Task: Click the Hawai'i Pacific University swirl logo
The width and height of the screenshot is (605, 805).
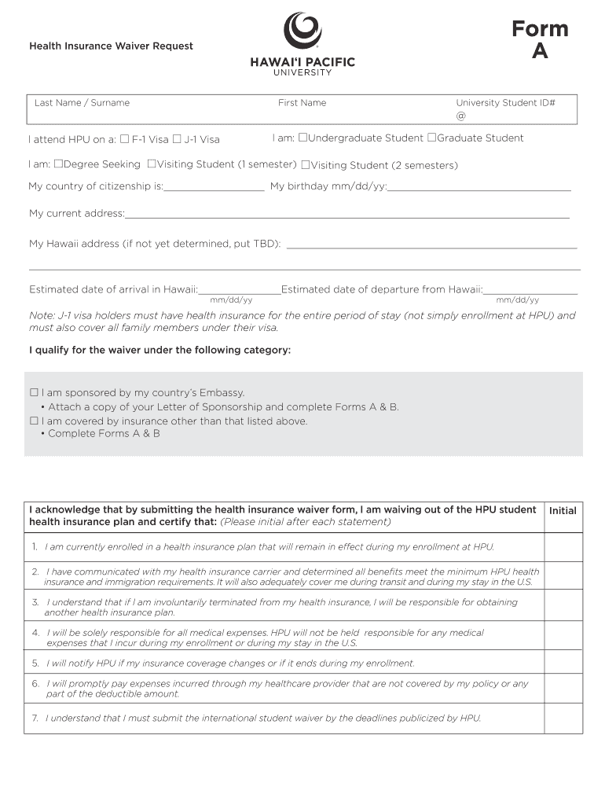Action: pyautogui.click(x=302, y=31)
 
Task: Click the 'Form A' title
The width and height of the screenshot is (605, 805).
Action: pyautogui.click(x=540, y=40)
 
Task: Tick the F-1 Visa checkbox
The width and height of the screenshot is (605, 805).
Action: pyautogui.click(x=124, y=139)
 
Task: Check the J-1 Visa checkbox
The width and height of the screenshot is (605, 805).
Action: pyautogui.click(x=177, y=139)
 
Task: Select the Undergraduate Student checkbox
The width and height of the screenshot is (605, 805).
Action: pyautogui.click(x=302, y=138)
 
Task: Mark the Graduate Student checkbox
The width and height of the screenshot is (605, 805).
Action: pyautogui.click(x=431, y=138)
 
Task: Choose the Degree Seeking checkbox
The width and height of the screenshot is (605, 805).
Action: pyautogui.click(x=57, y=164)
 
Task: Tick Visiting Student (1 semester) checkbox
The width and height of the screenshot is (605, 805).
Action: pyautogui.click(x=152, y=164)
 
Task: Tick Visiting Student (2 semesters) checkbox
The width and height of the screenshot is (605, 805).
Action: pyautogui.click(x=306, y=165)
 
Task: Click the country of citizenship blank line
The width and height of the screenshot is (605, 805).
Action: pyautogui.click(x=214, y=187)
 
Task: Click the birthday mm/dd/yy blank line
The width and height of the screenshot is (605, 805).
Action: pyautogui.click(x=479, y=187)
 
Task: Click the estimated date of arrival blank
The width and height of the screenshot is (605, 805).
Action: pyautogui.click(x=240, y=290)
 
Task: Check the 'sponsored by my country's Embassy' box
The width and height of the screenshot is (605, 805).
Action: pyautogui.click(x=34, y=392)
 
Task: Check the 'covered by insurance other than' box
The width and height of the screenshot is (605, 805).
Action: pyautogui.click(x=34, y=421)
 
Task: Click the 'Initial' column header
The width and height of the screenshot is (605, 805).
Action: pyautogui.click(x=563, y=511)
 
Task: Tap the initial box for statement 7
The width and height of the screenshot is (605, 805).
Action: pyautogui.click(x=563, y=719)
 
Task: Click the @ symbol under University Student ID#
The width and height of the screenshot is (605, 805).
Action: pyautogui.click(x=460, y=116)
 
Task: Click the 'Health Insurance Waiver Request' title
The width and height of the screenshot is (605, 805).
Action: pyautogui.click(x=111, y=46)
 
